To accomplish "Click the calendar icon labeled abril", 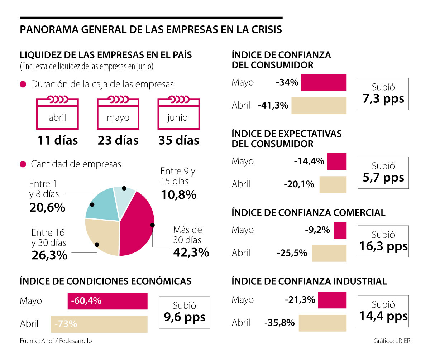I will click(57, 114).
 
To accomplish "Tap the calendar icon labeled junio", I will click(178, 114).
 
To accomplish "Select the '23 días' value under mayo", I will click(118, 140).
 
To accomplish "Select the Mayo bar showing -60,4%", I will click(107, 301).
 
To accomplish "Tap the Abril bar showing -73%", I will click(99, 324).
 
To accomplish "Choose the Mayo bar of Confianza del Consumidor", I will click(324, 83).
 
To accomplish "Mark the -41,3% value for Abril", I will click(273, 106).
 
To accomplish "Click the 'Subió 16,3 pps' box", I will click(383, 241).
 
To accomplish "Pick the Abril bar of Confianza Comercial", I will click(329, 253).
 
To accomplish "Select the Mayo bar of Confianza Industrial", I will click(332, 299).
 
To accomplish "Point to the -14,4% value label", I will click(309, 161).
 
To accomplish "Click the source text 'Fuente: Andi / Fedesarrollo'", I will click(56, 341).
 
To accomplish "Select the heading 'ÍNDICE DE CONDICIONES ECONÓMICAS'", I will click(106, 281).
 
